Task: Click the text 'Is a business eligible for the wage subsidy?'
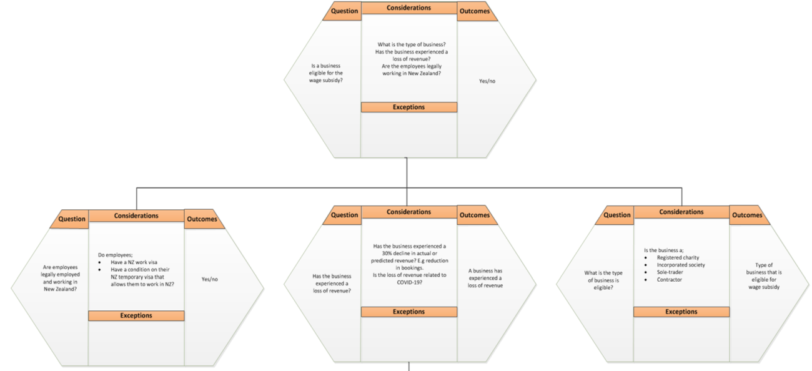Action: [325, 73]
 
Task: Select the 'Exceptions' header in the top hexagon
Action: [409, 107]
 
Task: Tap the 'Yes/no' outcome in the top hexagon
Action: [487, 81]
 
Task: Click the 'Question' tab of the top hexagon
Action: [344, 11]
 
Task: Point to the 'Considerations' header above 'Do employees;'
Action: [136, 216]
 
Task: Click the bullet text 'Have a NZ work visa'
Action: [134, 262]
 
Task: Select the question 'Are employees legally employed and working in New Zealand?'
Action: [60, 279]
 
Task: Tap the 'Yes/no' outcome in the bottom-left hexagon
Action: [209, 279]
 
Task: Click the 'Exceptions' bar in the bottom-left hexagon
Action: [136, 315]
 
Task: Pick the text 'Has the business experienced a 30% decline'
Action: [410, 250]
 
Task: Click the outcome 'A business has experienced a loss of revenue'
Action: [485, 278]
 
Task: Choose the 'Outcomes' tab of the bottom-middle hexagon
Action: [475, 215]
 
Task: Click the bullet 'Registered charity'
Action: [678, 257]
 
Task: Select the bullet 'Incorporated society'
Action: [681, 265]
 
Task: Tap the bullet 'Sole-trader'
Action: [670, 272]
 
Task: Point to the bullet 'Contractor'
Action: [669, 280]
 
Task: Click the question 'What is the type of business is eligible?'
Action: [603, 280]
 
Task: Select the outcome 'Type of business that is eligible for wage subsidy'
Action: [764, 276]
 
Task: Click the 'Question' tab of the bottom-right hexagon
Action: [616, 215]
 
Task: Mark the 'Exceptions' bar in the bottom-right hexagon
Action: [681, 312]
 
